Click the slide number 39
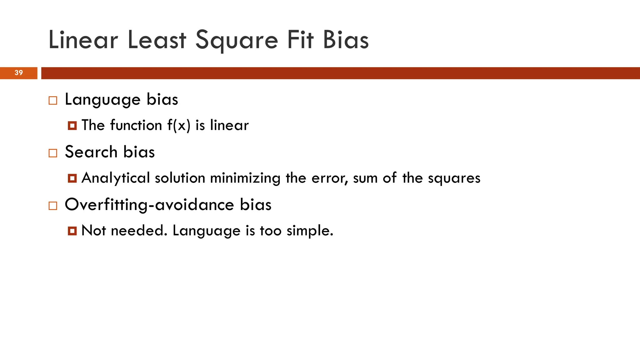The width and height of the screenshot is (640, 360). pyautogui.click(x=19, y=73)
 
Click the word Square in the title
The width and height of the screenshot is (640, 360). pyautogui.click(x=237, y=41)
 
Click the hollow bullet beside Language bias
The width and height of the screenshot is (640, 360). pyautogui.click(x=53, y=101)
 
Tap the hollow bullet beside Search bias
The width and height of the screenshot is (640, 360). pyautogui.click(x=53, y=153)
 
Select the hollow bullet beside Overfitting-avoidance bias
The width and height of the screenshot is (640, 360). pyautogui.click(x=53, y=206)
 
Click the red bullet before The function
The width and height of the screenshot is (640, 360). pyautogui.click(x=72, y=126)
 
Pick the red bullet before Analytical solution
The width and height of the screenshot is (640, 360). pyautogui.click(x=72, y=178)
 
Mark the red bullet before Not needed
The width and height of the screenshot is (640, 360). pyautogui.click(x=72, y=231)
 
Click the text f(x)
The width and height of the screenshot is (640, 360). pyautogui.click(x=179, y=126)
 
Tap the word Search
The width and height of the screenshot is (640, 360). pyautogui.click(x=91, y=152)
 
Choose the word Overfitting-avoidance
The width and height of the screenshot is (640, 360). pyautogui.click(x=149, y=205)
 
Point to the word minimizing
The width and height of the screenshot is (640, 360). pyautogui.click(x=245, y=178)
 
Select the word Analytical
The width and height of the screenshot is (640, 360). pyautogui.click(x=116, y=178)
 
